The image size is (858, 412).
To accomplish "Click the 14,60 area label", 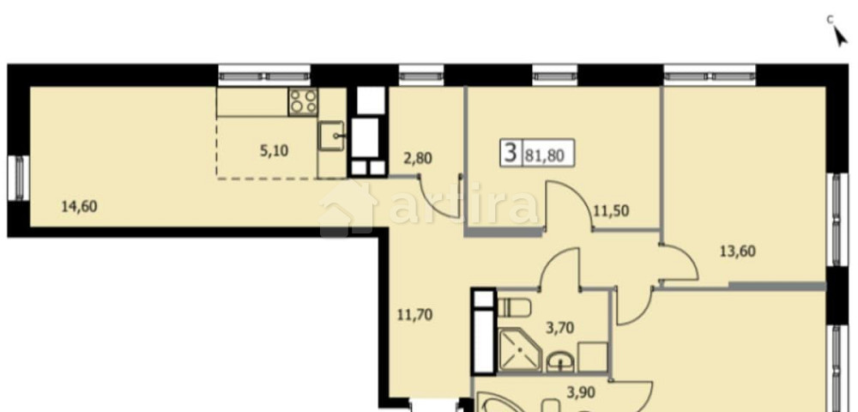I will [x=80, y=206].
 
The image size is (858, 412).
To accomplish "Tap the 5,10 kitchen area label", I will [x=274, y=150].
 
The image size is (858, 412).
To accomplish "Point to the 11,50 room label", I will [x=611, y=209].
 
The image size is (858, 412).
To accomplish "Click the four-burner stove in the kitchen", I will [x=303, y=101].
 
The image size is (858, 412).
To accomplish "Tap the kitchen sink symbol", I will [x=332, y=134].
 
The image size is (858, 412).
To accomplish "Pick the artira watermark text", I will [x=463, y=207].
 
